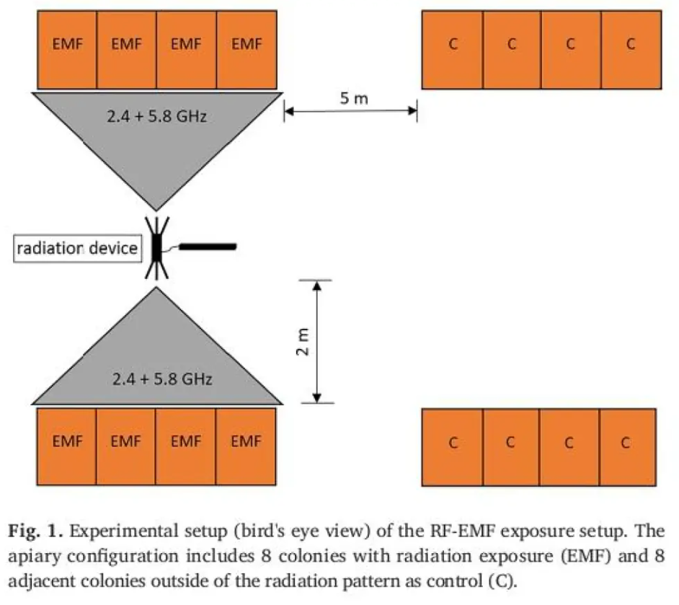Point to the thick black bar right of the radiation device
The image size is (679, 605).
[x=208, y=247]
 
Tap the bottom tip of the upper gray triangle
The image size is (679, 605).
[x=156, y=210]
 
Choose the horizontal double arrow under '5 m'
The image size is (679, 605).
[x=351, y=110]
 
